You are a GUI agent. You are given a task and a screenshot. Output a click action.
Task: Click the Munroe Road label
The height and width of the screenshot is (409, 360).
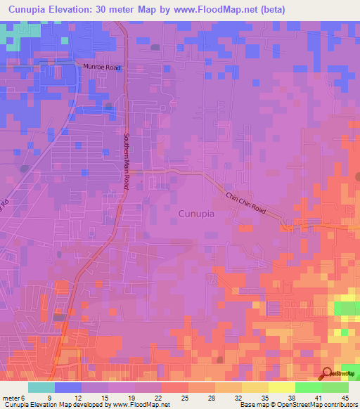[x=102, y=68]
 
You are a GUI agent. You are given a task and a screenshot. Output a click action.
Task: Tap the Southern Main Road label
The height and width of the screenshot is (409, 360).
[x=127, y=162]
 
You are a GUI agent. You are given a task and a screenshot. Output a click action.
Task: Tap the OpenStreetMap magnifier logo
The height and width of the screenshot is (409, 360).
[x=327, y=374]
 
